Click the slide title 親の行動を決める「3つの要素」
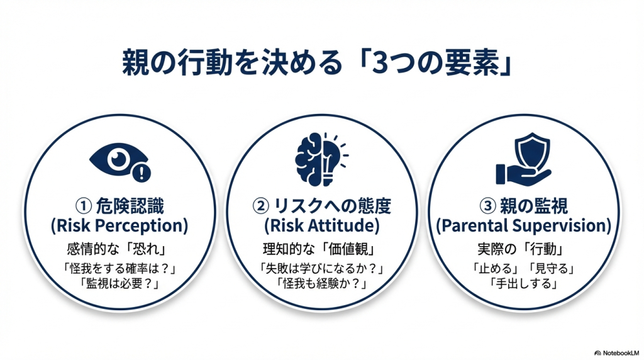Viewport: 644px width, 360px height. coord(317,63)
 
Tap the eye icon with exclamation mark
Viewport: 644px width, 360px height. coord(119,162)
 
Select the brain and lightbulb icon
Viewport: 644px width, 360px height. coord(321,159)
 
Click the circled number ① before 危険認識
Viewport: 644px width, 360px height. coord(84,205)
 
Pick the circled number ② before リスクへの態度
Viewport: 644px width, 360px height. coord(260,205)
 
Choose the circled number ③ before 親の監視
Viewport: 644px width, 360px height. coord(487,205)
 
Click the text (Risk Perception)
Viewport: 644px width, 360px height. coord(119,225)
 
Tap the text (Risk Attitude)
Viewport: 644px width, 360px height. coord(321,225)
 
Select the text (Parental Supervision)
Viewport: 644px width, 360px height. coord(524,225)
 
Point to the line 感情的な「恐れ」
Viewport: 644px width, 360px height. coord(119,249)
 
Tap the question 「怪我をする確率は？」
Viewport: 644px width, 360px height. coord(119,268)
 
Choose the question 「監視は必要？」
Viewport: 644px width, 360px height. coord(119,283)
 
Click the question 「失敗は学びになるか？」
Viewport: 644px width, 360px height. coord(321,268)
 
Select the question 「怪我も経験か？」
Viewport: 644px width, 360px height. coord(321,283)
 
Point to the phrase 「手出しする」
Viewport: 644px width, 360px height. coord(523,283)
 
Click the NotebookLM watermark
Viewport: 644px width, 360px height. coord(616,352)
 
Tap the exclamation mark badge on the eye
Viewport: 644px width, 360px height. coord(142,173)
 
